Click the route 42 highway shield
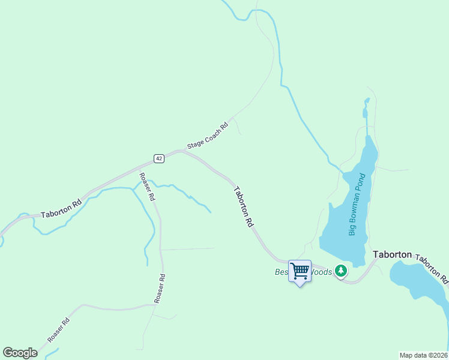(158, 158)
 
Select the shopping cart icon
(300, 271)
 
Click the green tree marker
(341, 271)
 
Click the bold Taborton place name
(393, 254)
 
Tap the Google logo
(20, 353)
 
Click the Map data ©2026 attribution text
(423, 355)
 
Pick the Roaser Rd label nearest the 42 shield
(148, 187)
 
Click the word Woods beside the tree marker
(320, 272)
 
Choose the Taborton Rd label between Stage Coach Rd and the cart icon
(244, 206)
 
